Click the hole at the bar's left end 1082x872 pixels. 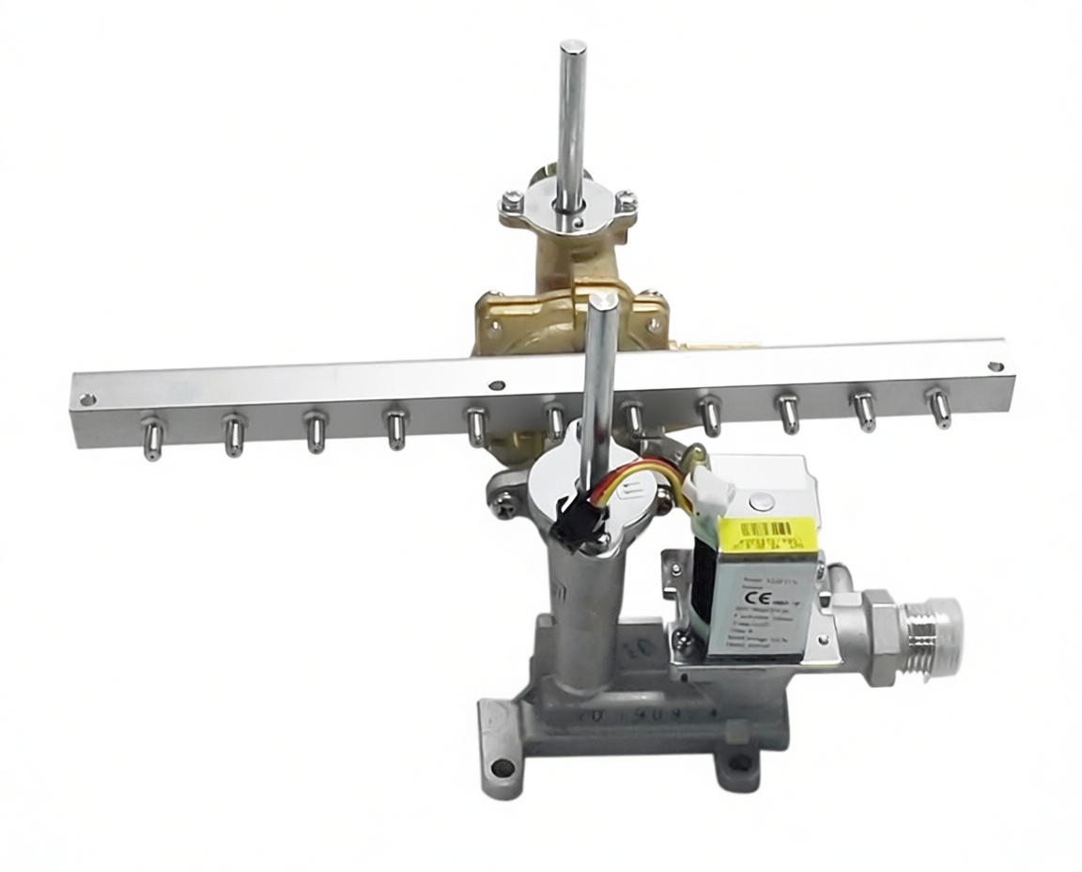87,399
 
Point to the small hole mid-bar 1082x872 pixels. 497,385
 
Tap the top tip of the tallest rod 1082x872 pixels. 573,46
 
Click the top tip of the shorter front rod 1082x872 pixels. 603,300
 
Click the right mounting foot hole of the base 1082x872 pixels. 740,761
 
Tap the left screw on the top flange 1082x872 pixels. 511,201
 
